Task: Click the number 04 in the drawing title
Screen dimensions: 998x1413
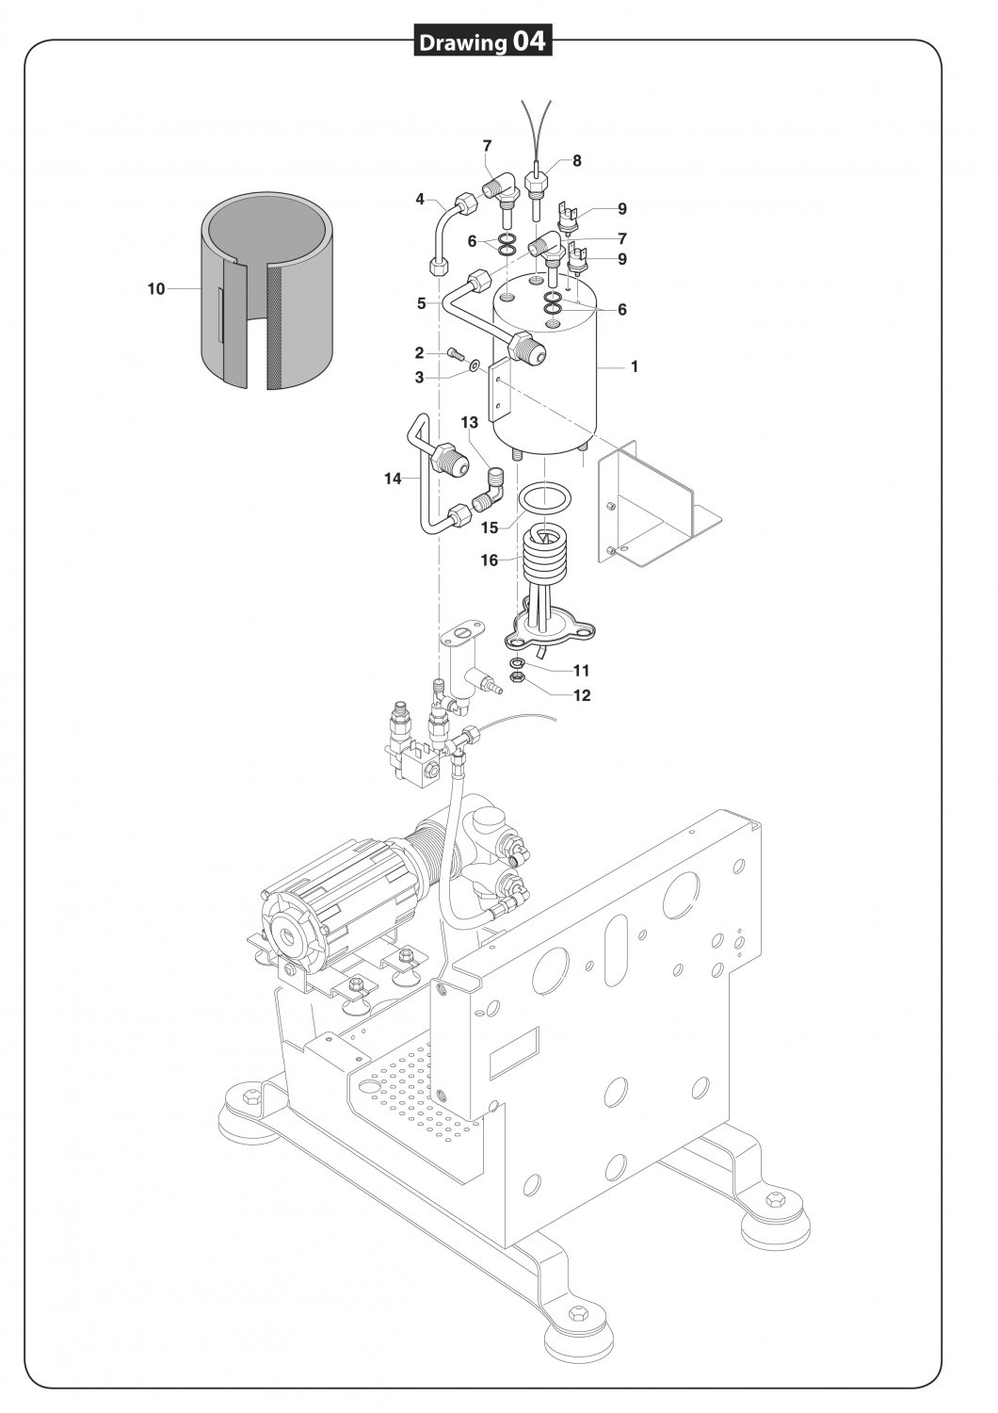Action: (x=528, y=41)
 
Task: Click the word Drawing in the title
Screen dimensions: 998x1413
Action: (x=462, y=43)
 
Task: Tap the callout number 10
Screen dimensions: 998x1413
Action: (x=155, y=289)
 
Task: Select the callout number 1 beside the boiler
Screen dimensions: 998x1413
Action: (x=635, y=366)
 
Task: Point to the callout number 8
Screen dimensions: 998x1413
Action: (x=577, y=161)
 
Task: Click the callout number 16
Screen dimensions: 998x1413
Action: (x=490, y=560)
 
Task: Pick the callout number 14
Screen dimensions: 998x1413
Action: (x=393, y=479)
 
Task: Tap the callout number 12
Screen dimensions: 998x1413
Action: (x=582, y=695)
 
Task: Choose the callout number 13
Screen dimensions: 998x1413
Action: (x=470, y=422)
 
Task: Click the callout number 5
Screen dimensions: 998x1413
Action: (x=422, y=303)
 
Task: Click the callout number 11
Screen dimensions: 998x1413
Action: (x=581, y=670)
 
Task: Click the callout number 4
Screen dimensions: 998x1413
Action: (x=420, y=200)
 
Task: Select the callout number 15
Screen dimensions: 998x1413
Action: (x=490, y=528)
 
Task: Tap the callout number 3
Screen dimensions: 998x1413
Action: (x=419, y=378)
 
